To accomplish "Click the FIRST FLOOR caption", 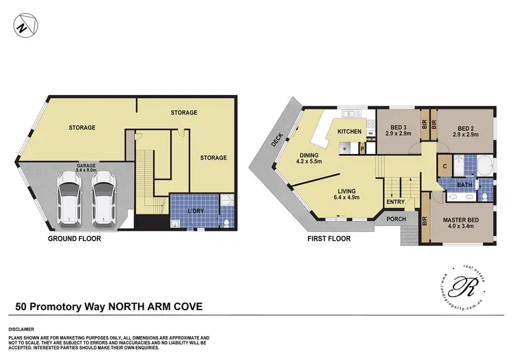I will tap(328, 239).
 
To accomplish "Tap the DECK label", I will tap(276, 140).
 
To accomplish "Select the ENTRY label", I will tap(395, 202).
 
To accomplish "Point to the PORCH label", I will tap(397, 220).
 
